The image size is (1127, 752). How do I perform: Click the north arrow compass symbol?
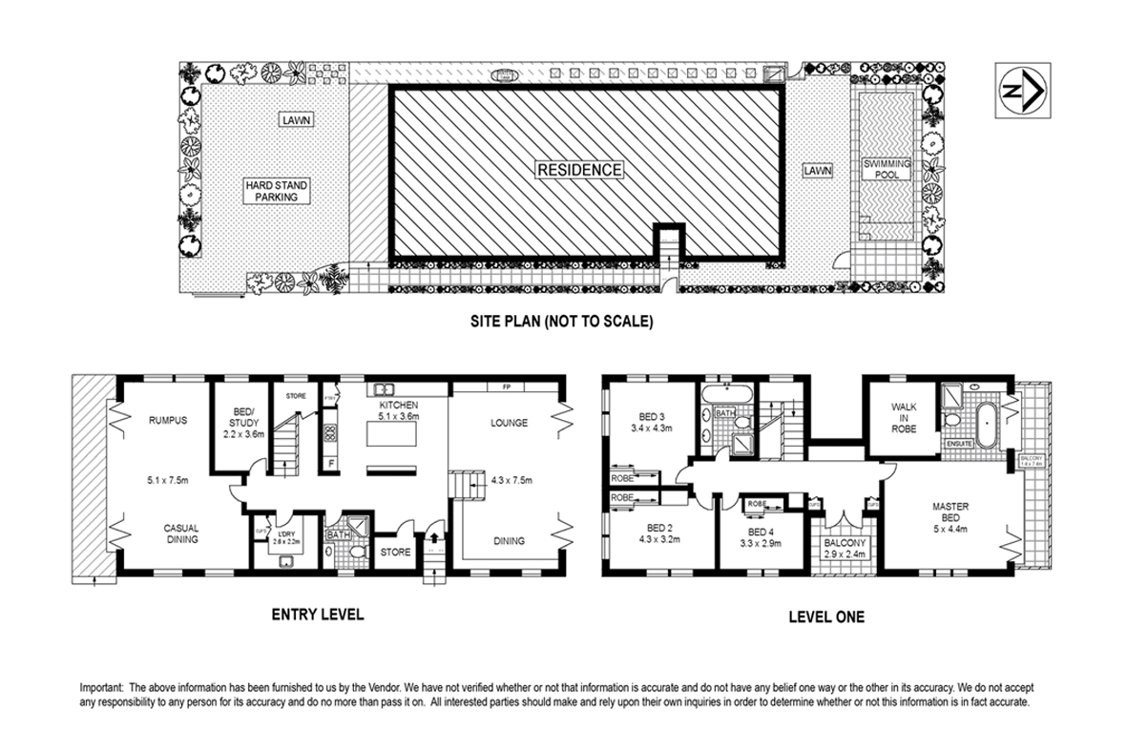[x=1022, y=91]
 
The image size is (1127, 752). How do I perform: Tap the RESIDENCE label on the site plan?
[x=579, y=170]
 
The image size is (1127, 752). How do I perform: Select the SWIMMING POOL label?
[x=887, y=169]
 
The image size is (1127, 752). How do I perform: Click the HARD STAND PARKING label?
[x=276, y=191]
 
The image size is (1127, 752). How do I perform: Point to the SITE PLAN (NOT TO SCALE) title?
[x=561, y=322]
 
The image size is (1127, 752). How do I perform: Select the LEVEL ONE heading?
[x=825, y=617]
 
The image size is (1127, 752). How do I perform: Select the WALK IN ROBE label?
[x=904, y=418]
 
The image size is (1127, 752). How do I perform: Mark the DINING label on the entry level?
[x=509, y=541]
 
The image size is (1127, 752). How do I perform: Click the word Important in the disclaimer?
[x=99, y=687]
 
